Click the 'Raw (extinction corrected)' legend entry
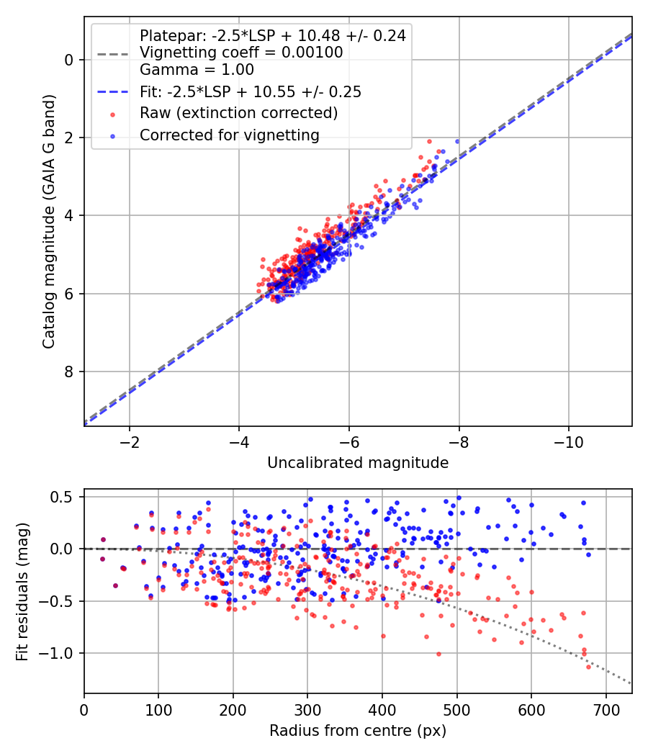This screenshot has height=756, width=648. (x=238, y=113)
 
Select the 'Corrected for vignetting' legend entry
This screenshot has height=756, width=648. (x=230, y=135)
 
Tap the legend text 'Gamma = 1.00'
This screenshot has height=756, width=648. (x=197, y=70)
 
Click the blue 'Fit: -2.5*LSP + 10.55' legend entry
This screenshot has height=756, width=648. (x=250, y=91)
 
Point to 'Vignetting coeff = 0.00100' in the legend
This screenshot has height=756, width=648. (x=241, y=53)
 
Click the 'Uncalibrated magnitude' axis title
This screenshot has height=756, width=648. (x=358, y=463)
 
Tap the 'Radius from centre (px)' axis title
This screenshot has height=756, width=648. (x=358, y=731)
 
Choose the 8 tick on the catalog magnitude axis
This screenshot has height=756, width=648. (x=70, y=372)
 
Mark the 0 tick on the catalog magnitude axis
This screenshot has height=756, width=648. (x=70, y=60)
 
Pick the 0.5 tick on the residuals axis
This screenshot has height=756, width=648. (x=62, y=497)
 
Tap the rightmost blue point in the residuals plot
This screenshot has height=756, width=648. (x=588, y=554)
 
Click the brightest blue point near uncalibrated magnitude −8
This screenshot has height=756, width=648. (x=456, y=141)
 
